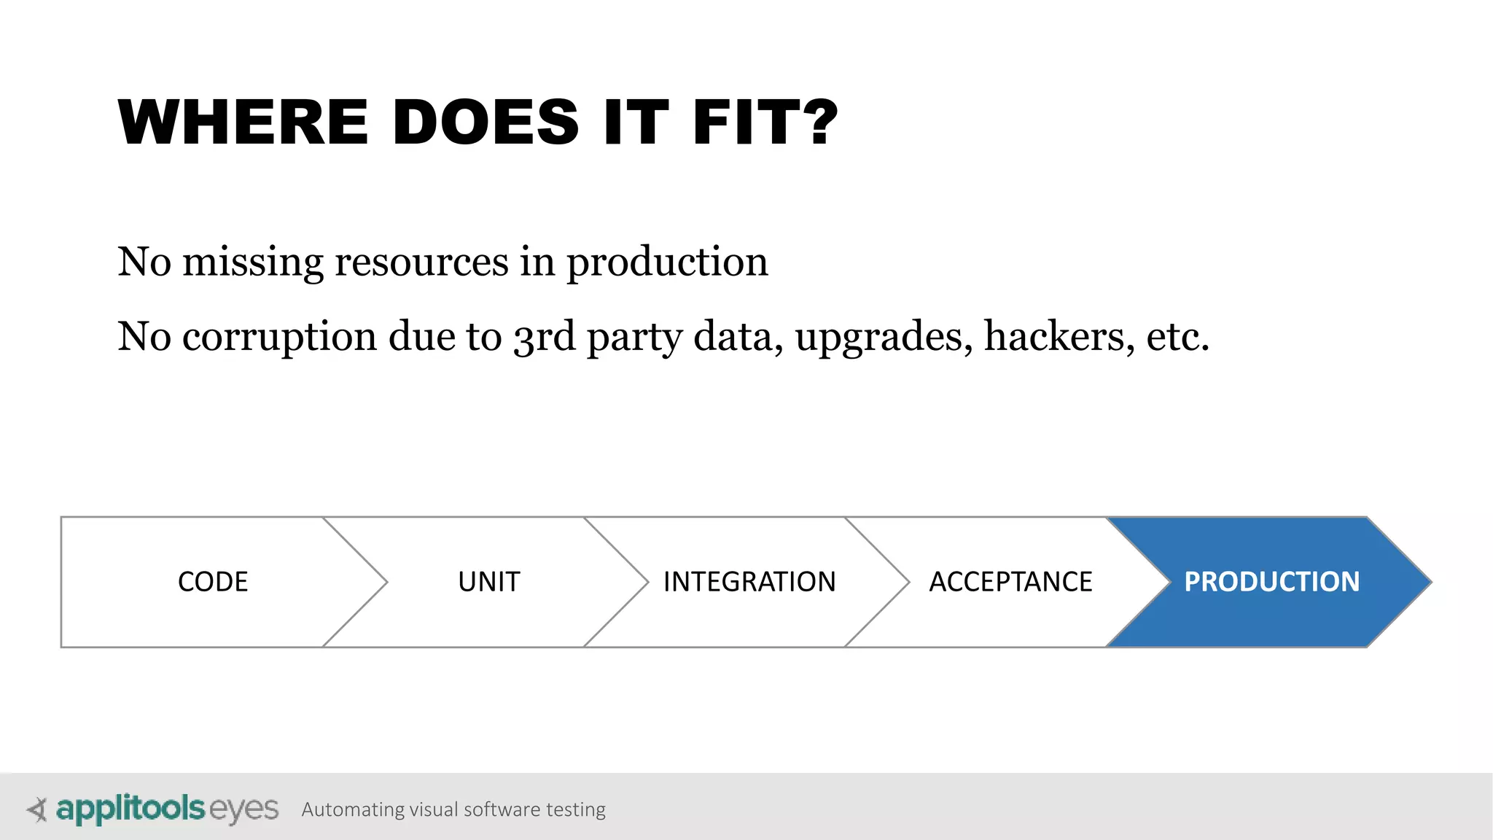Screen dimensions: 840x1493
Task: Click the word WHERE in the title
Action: [243, 122]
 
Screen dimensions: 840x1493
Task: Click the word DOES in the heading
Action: [486, 122]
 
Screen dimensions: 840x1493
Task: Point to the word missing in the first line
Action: [252, 262]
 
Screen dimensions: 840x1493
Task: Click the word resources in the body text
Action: [421, 262]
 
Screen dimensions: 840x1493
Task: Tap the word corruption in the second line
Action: [279, 338]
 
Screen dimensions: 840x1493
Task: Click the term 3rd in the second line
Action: [545, 338]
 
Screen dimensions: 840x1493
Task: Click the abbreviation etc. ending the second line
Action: [1177, 338]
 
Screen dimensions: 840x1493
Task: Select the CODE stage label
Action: [213, 582]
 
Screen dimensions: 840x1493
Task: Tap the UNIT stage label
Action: [489, 582]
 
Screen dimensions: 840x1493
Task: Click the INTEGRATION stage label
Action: [749, 582]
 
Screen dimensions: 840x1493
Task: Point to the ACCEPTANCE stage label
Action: [1010, 582]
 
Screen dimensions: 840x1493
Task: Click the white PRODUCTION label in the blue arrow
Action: [1271, 582]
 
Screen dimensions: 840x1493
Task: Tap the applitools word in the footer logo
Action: [130, 809]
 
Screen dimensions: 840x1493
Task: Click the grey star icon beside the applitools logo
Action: [36, 809]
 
